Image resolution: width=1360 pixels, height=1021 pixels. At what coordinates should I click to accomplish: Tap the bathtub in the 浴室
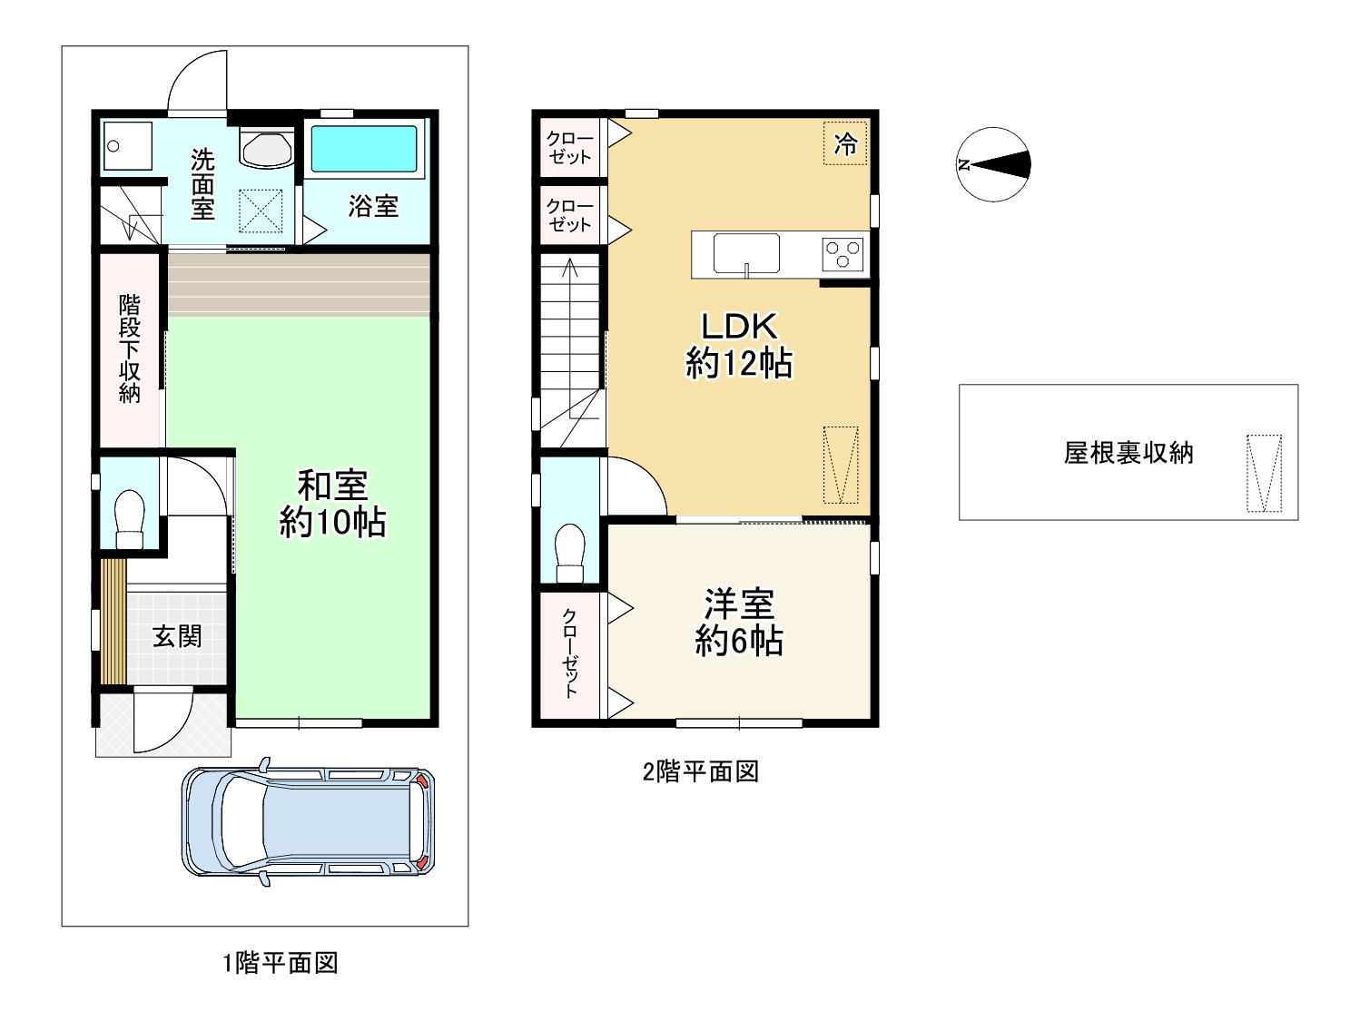[364, 148]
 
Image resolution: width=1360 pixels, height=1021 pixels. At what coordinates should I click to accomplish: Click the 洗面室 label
[202, 185]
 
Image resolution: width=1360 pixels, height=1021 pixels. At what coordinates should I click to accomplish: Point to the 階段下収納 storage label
[130, 349]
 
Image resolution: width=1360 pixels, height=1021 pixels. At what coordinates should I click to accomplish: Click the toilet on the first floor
[130, 519]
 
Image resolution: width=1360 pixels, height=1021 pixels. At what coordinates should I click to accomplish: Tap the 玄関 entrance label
[177, 636]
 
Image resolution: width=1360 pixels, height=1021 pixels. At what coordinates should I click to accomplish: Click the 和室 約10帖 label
[332, 505]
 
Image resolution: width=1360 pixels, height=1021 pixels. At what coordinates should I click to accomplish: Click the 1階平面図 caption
[281, 963]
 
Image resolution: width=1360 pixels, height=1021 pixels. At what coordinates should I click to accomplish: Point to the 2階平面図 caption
[700, 771]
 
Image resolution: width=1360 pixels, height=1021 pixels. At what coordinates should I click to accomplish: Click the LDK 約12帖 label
[739, 346]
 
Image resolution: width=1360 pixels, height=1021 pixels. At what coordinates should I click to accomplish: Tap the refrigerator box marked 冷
[845, 143]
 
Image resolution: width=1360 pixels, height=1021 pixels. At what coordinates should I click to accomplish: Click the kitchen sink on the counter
[746, 253]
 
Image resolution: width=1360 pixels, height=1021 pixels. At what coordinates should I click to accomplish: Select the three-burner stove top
[843, 254]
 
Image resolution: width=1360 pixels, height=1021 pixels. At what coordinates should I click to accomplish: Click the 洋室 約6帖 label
[739, 623]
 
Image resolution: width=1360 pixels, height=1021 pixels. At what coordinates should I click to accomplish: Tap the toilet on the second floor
[570, 552]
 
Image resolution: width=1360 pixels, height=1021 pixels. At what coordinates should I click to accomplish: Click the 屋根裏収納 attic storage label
[1128, 453]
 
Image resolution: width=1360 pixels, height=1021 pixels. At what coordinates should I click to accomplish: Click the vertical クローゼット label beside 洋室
[570, 653]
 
